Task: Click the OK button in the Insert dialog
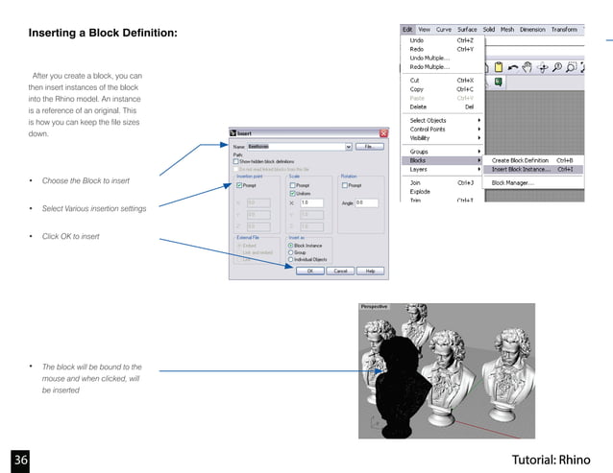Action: point(310,271)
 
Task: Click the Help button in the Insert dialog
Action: point(370,271)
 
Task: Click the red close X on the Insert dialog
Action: point(383,132)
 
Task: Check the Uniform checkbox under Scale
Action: point(293,194)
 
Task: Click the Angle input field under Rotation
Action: point(366,202)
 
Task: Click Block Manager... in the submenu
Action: point(513,181)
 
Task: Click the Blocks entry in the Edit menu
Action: point(419,160)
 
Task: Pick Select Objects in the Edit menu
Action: point(428,120)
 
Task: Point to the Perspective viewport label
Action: point(374,306)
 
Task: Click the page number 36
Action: point(21,459)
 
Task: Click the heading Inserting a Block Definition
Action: point(103,35)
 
